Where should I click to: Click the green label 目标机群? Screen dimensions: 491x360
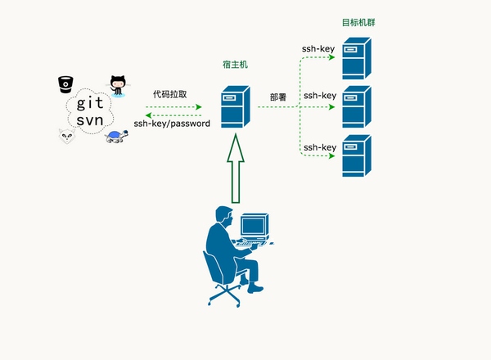coord(358,23)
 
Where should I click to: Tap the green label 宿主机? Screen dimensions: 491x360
coord(235,65)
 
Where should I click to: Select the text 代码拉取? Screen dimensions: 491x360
coord(169,94)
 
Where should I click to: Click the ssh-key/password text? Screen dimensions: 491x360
coord(172,124)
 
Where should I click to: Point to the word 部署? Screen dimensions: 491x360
coord(278,97)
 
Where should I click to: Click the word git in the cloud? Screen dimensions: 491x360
coord(90,102)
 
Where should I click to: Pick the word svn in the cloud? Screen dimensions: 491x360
coord(90,120)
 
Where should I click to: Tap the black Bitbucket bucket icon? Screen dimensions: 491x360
coord(65,84)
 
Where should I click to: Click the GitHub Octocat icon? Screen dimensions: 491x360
coord(118,85)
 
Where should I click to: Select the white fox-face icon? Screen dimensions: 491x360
coord(67,136)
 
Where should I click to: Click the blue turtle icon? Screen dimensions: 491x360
coord(116,137)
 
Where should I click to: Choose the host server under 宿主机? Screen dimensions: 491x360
coord(235,106)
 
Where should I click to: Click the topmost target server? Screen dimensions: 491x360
coord(357,59)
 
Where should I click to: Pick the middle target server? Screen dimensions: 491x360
coord(357,106)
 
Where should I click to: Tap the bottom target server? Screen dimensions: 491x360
coord(357,155)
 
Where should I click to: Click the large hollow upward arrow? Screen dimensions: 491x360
coord(236,169)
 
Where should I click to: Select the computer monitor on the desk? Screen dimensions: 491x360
coord(255,226)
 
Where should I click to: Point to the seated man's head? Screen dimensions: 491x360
coord(224,216)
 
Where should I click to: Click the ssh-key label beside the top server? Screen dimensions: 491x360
coord(318,49)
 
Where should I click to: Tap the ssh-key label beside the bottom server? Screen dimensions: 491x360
coord(320,147)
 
